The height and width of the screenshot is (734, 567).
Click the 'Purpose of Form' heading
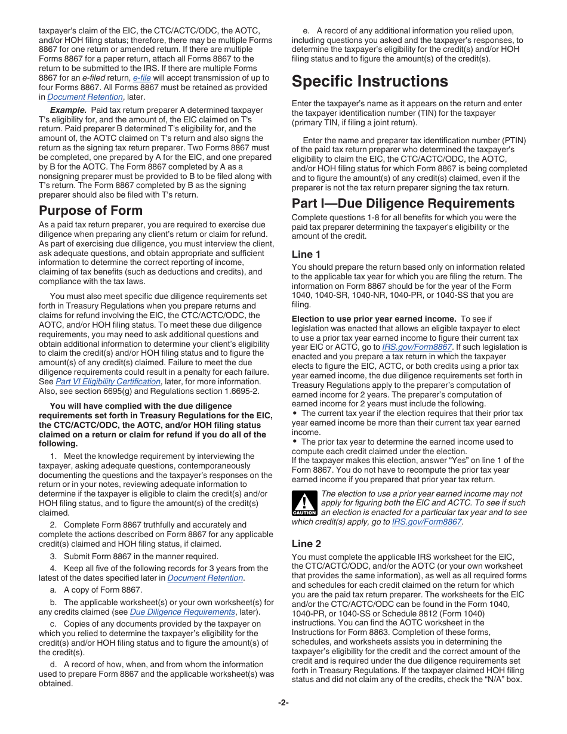tap(91, 210)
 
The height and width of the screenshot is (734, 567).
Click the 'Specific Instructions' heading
tap(369, 81)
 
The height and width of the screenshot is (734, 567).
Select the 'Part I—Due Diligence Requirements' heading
tap(403, 203)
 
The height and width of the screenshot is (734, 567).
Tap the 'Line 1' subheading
tap(306, 254)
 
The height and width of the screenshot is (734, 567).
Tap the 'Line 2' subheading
tap(306, 543)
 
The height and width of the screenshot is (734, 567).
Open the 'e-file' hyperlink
tap(141, 78)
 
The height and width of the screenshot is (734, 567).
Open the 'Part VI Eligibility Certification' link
tap(108, 381)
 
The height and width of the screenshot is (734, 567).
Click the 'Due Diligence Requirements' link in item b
tap(183, 612)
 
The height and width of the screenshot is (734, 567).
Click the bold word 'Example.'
tap(68, 110)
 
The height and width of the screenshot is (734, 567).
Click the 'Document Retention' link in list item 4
tap(205, 578)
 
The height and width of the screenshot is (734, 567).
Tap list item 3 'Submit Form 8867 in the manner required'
tap(134, 556)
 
